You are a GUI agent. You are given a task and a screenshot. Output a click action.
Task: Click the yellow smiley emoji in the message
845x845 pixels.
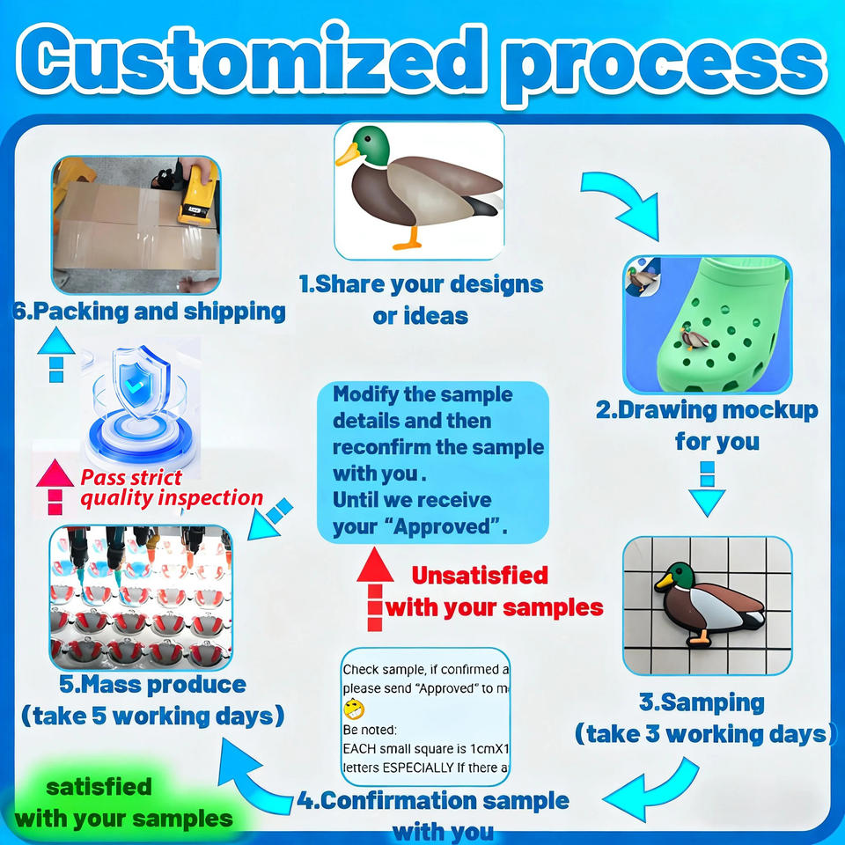[x=353, y=708]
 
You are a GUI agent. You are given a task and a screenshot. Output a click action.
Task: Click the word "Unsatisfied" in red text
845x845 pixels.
[x=480, y=576]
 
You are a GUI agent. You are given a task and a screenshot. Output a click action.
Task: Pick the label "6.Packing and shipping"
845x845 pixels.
[x=150, y=312]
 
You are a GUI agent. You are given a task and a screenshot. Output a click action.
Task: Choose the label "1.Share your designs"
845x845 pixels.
[x=421, y=284]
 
